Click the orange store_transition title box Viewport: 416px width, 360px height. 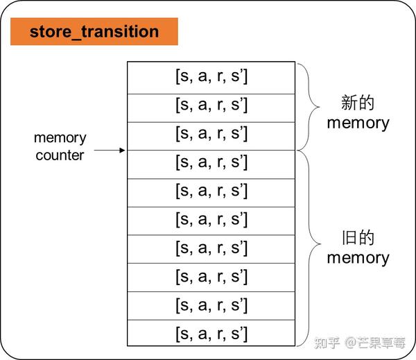94,32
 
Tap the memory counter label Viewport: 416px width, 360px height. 60,146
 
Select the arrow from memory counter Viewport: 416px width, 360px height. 110,150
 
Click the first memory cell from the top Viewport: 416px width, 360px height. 211,76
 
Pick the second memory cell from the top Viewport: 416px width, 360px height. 211,105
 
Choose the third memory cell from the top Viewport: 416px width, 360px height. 211,133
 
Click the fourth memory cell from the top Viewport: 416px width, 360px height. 211,162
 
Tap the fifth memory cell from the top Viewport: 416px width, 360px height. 211,191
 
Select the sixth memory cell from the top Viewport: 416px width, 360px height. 211,219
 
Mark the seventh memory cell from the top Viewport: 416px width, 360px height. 211,248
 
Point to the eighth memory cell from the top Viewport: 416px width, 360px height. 211,276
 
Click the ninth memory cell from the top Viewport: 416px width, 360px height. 211,305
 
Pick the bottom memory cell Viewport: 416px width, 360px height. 211,333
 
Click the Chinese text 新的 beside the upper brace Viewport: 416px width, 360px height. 358,103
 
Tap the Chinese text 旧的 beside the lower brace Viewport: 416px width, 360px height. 358,238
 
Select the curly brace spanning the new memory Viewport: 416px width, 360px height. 309,106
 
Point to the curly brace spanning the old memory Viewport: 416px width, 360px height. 309,246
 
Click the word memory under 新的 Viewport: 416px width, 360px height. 358,123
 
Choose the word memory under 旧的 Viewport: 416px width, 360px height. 358,258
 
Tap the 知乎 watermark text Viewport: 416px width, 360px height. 327,342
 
